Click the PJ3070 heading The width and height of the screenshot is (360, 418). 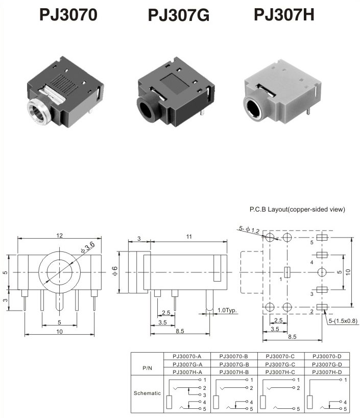point(68,15)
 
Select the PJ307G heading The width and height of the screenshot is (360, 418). point(179,15)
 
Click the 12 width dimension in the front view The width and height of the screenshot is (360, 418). point(59,236)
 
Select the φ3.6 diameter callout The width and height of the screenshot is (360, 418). point(87,248)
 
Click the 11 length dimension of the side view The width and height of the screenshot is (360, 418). point(189,237)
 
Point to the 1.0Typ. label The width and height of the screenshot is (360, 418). point(227,311)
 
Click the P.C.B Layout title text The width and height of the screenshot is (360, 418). point(297,209)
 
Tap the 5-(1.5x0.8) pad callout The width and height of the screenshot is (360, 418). point(343,320)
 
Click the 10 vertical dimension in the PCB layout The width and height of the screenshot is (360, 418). point(348,272)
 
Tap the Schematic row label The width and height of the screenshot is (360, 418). point(147,393)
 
